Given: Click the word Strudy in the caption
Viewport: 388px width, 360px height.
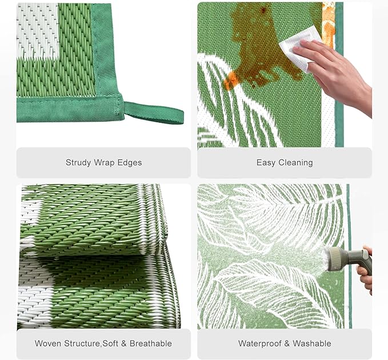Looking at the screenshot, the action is tap(78, 163).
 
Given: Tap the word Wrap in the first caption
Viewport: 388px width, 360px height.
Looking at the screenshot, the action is tap(104, 163).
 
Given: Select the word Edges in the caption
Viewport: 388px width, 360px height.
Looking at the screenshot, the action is tap(130, 163).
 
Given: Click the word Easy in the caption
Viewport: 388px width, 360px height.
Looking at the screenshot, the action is tap(266, 163).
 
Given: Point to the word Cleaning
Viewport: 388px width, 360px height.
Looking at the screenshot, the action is tap(295, 163).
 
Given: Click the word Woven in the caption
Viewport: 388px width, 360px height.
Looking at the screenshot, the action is tap(48, 343).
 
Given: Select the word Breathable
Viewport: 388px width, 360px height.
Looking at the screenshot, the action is tap(151, 343).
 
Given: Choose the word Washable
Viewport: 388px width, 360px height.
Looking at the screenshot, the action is tap(312, 343).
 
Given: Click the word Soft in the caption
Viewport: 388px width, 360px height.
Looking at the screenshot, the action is tap(111, 343).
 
